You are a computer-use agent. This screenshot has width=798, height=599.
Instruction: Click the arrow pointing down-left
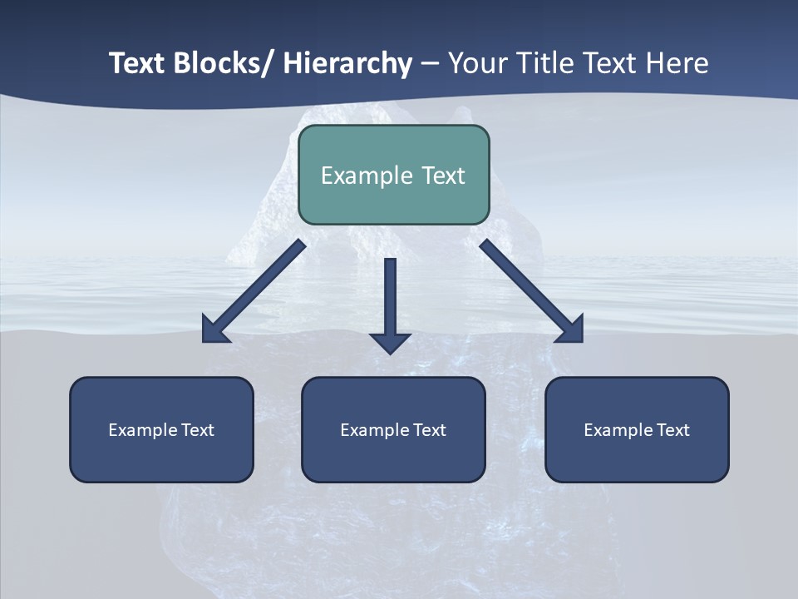coord(258,288)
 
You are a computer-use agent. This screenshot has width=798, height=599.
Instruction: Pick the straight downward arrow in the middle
coord(390,304)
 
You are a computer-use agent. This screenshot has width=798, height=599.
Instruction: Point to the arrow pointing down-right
coord(529,288)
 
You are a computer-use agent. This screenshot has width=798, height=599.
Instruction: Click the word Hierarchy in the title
coord(347,63)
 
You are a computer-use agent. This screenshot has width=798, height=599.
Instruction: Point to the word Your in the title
coord(475,63)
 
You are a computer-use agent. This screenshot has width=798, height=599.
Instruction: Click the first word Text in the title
coord(138,63)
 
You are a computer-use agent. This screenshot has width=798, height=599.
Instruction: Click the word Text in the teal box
coord(443,176)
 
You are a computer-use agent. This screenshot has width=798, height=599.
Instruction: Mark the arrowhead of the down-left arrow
coord(215,330)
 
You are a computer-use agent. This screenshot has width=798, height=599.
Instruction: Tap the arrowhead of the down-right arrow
coord(570,329)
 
